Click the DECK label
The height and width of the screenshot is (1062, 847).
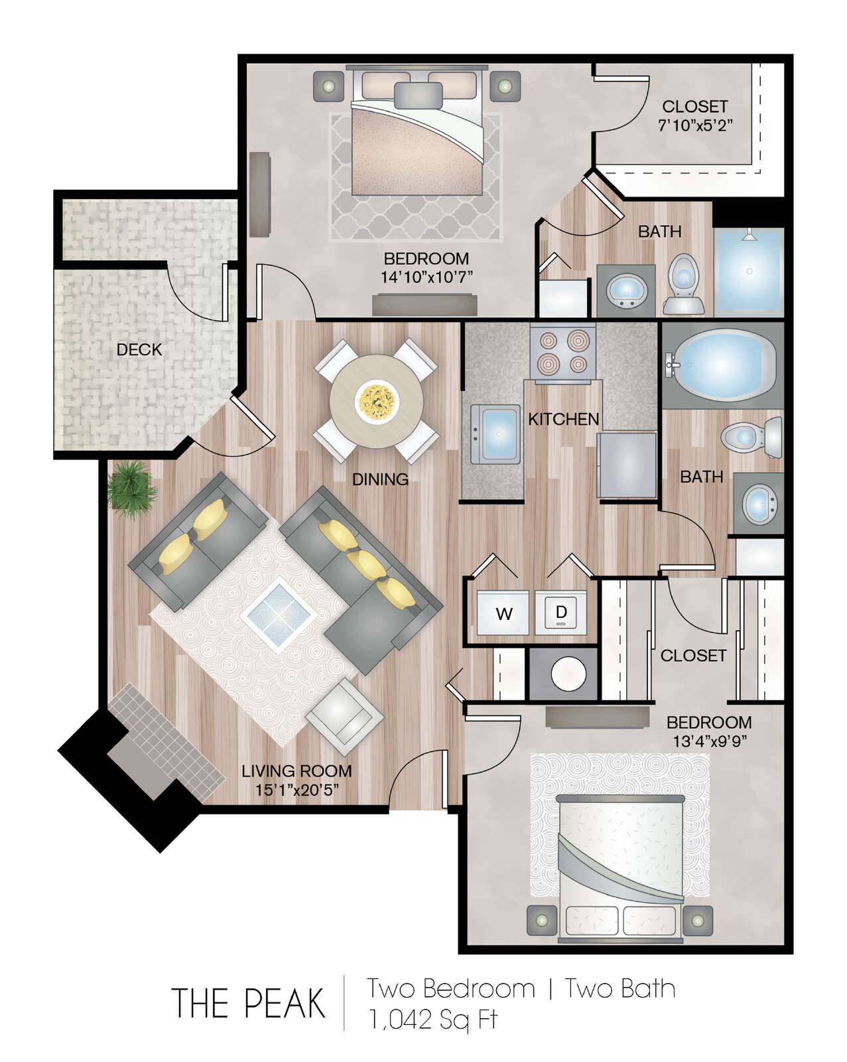pos(139,349)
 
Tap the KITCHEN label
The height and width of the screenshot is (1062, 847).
pos(563,419)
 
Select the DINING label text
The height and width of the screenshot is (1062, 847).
pos(380,479)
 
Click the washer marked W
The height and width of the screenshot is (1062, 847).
pos(503,613)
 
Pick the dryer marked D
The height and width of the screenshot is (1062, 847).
pos(561,613)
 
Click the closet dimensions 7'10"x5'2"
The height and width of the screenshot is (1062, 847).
pos(694,125)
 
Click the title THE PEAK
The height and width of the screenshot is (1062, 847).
pos(248,1002)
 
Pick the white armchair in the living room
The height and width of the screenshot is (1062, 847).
pos(344,716)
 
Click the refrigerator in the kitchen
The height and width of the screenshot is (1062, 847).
pos(627,465)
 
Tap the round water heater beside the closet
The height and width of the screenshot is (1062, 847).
pos(568,674)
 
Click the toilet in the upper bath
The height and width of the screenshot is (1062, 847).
pos(683,283)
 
